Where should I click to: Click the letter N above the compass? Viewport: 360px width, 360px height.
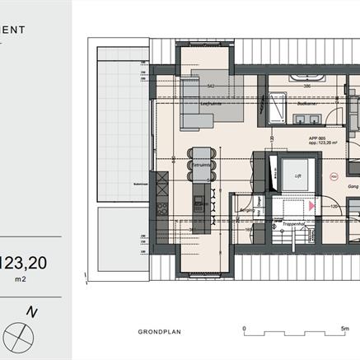coord(32,311)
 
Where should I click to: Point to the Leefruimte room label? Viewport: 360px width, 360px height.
coord(211,104)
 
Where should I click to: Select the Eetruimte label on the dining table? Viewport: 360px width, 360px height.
coord(200,165)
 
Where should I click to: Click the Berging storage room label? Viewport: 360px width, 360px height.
coord(245,210)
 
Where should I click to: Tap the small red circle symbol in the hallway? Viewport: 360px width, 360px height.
coord(334,175)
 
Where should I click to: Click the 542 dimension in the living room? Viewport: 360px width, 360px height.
coord(211,85)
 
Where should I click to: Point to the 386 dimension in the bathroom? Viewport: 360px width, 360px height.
coord(306,85)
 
